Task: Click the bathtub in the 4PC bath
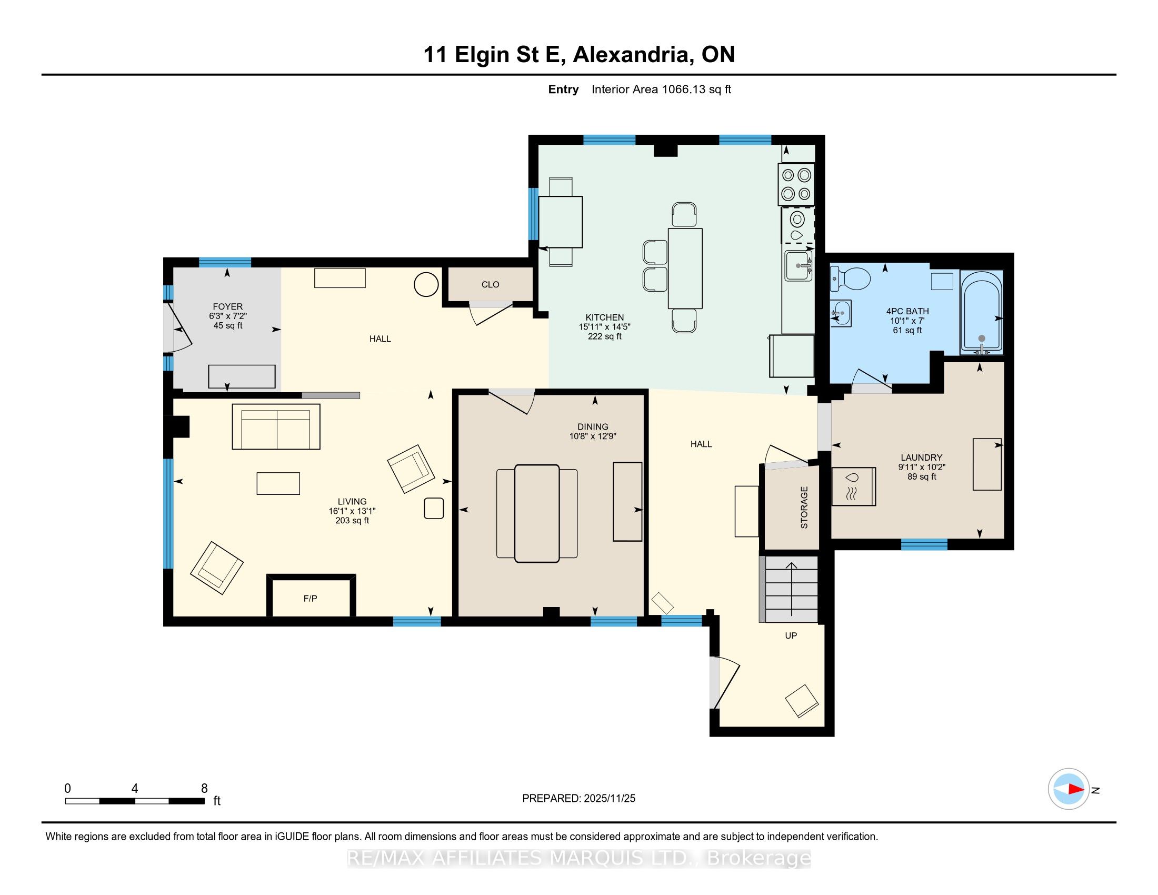tap(982, 312)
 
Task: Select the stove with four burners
tap(796, 184)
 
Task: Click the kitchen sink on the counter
tap(798, 266)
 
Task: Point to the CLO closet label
tap(491, 285)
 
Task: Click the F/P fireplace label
tap(310, 599)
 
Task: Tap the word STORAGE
tap(804, 508)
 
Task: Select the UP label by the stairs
tap(791, 636)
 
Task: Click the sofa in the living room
tap(276, 427)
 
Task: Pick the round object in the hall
tap(426, 285)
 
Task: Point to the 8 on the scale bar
tap(204, 789)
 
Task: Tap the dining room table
tap(536, 513)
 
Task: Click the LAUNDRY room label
tap(922, 458)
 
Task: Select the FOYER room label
tap(227, 306)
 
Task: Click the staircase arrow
tap(791, 589)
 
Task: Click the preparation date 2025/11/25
tap(609, 799)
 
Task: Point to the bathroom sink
tap(841, 313)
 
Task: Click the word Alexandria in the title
tap(634, 55)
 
